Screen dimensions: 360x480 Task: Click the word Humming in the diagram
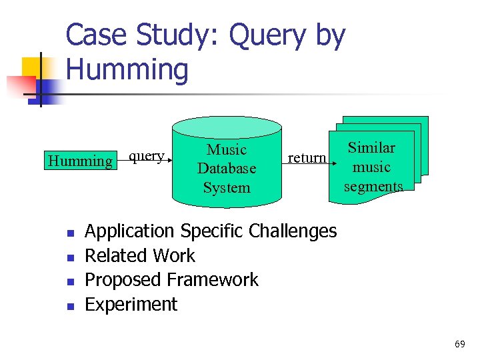tap(80, 161)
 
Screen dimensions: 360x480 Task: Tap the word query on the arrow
tap(146, 156)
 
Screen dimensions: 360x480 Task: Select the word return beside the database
tap(307, 158)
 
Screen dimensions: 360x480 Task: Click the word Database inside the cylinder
tap(227, 169)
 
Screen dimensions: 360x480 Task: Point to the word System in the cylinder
tap(227, 187)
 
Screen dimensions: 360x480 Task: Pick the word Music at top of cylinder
tap(227, 150)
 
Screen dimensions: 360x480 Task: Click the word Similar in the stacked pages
tap(372, 148)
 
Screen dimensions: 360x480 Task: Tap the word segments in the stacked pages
tap(373, 186)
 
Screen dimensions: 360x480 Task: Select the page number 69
tap(459, 344)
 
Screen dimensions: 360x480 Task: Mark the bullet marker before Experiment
tap(70, 306)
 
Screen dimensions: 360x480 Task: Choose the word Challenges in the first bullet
tap(293, 231)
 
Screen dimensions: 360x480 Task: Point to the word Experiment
tap(131, 305)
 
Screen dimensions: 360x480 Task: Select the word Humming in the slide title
tap(127, 70)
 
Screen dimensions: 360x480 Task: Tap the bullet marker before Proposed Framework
tap(70, 281)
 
